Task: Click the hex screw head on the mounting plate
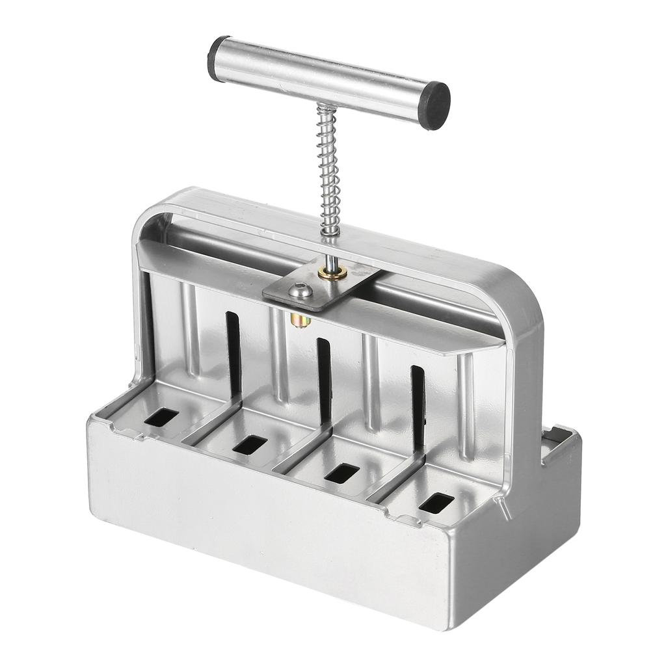[x=301, y=289]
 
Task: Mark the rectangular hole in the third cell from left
[x=341, y=473]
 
